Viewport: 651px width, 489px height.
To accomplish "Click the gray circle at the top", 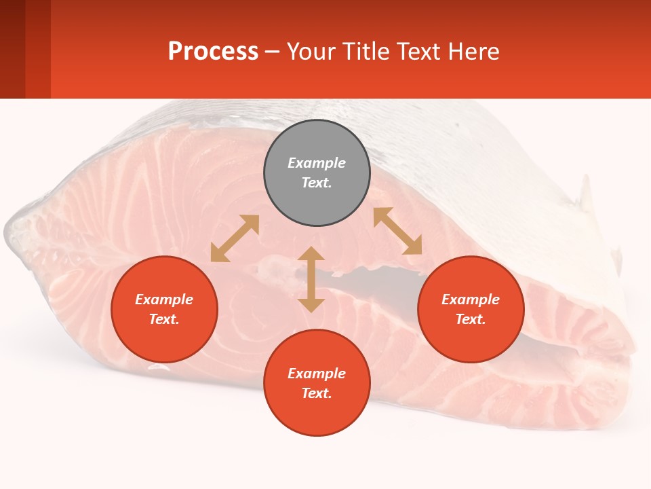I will click(317, 173).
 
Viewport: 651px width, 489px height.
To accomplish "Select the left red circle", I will click(164, 309).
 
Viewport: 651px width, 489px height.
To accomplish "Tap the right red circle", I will click(471, 309).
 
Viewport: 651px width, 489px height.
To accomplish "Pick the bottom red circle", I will click(317, 383).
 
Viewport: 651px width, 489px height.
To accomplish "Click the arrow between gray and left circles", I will click(235, 238).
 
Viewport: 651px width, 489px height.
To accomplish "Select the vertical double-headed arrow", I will click(311, 279).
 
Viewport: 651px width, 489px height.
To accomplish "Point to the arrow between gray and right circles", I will click(397, 231).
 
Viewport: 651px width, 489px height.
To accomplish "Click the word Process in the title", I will click(213, 51).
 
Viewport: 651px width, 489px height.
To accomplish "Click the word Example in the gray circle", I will click(317, 163).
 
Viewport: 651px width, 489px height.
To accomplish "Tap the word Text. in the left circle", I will click(164, 319).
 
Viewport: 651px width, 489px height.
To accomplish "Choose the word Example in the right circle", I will click(471, 300).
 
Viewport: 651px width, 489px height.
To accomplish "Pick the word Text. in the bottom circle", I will click(317, 393).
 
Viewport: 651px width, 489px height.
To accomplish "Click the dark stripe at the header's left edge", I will click(12, 49).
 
